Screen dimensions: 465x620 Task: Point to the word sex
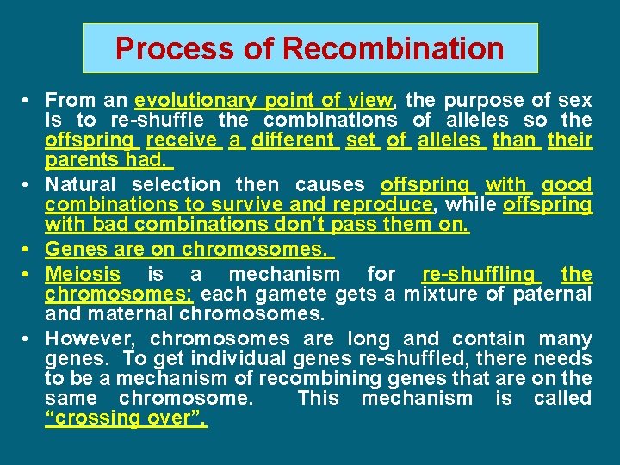[575, 100]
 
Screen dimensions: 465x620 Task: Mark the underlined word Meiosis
[84, 275]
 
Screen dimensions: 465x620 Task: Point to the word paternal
[552, 294]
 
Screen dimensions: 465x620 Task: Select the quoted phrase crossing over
[127, 418]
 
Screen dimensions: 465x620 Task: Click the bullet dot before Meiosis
[29, 275]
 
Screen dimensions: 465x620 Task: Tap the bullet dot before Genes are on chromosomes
[29, 250]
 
